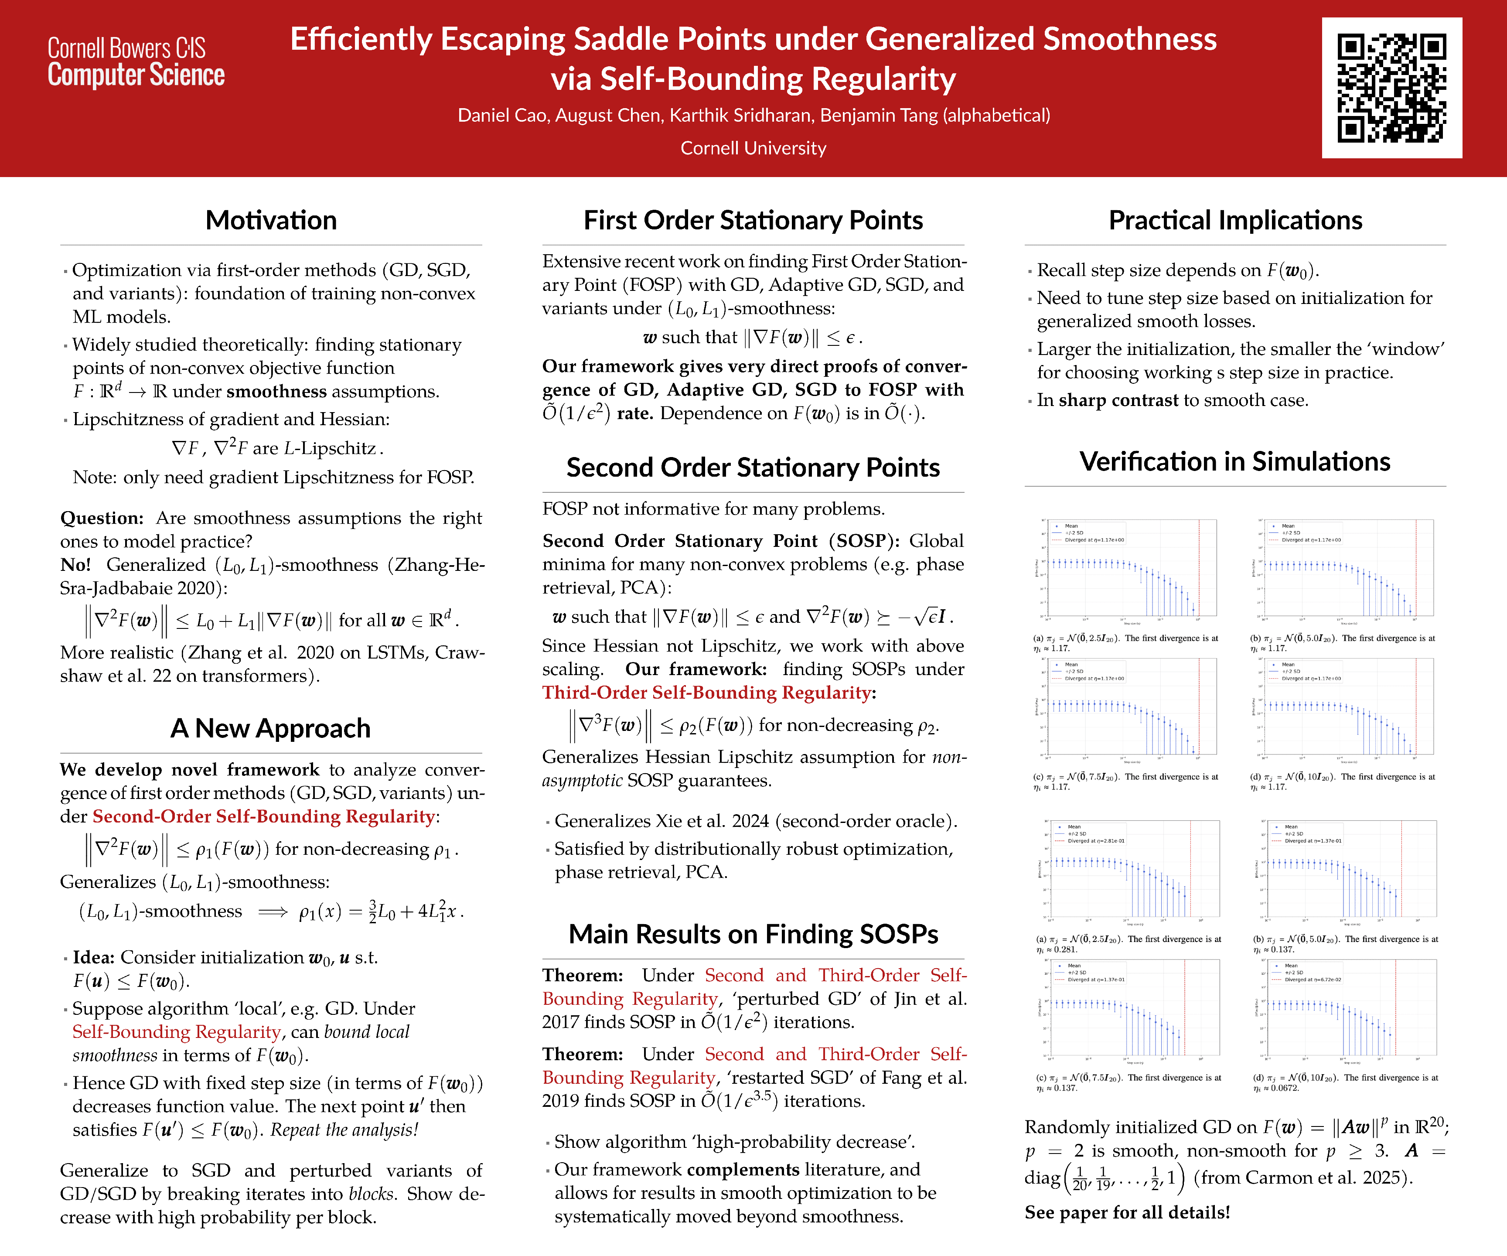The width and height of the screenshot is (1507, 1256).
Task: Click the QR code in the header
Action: [x=1391, y=88]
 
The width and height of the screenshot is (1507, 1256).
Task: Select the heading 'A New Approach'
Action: [x=270, y=728]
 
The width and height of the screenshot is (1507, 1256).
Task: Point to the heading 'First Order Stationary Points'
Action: [x=753, y=220]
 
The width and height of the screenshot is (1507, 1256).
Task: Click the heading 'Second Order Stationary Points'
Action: [x=753, y=467]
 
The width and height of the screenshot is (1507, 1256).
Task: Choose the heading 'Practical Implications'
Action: [x=1235, y=220]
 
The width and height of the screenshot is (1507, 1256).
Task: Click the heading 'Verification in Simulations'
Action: [x=1235, y=461]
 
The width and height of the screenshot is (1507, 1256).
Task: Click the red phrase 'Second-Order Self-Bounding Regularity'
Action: [x=263, y=817]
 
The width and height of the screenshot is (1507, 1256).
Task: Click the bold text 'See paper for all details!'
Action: [x=1127, y=1212]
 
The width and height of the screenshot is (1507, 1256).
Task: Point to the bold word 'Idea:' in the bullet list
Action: [x=93, y=957]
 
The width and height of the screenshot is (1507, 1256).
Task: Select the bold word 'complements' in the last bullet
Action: [x=743, y=1170]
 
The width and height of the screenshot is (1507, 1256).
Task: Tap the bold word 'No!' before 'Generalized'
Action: [x=75, y=565]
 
